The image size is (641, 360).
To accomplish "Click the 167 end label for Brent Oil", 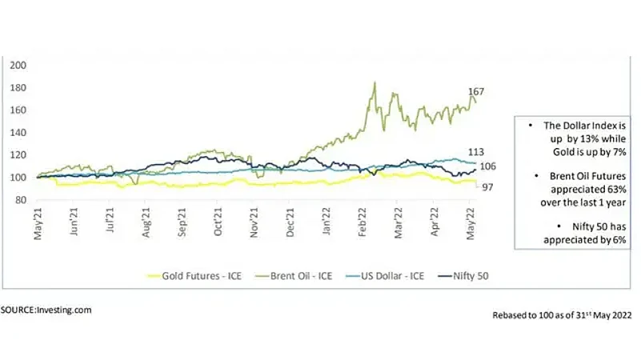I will click(478, 92).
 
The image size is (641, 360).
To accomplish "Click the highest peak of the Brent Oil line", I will click(375, 82).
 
